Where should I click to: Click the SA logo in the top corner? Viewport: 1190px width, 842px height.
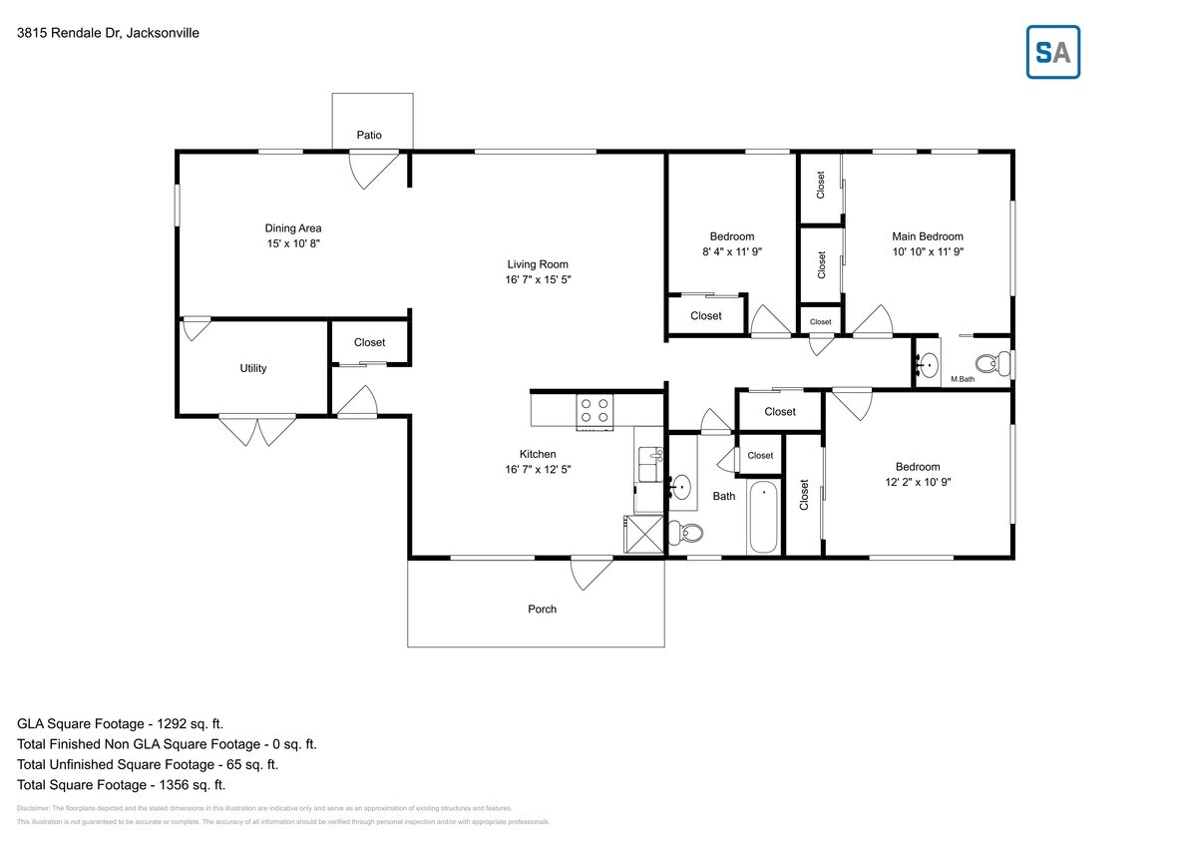click(1052, 52)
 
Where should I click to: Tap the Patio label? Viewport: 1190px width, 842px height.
click(369, 136)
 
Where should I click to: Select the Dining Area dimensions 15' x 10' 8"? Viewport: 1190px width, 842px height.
click(292, 243)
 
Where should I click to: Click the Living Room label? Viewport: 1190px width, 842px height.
click(538, 264)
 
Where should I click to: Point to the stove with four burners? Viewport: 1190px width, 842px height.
click(595, 411)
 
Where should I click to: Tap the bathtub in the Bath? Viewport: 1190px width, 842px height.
click(764, 517)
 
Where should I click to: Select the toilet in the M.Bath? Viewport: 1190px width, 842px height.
click(991, 363)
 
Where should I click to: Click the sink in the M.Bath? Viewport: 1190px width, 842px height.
click(929, 364)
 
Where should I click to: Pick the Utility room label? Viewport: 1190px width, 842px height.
click(253, 368)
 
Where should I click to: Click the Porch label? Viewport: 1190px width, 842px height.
click(542, 610)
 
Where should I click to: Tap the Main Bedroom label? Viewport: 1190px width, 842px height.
click(927, 236)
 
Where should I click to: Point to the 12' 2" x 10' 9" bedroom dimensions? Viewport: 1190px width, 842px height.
click(917, 482)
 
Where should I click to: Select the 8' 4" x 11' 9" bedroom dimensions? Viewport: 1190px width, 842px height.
click(731, 252)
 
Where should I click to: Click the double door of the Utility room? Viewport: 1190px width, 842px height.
click(257, 429)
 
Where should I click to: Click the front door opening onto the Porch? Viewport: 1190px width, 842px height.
click(591, 572)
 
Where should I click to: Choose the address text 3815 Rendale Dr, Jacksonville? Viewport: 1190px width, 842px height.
click(108, 33)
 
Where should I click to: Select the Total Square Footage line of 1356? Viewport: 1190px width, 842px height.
click(122, 784)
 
